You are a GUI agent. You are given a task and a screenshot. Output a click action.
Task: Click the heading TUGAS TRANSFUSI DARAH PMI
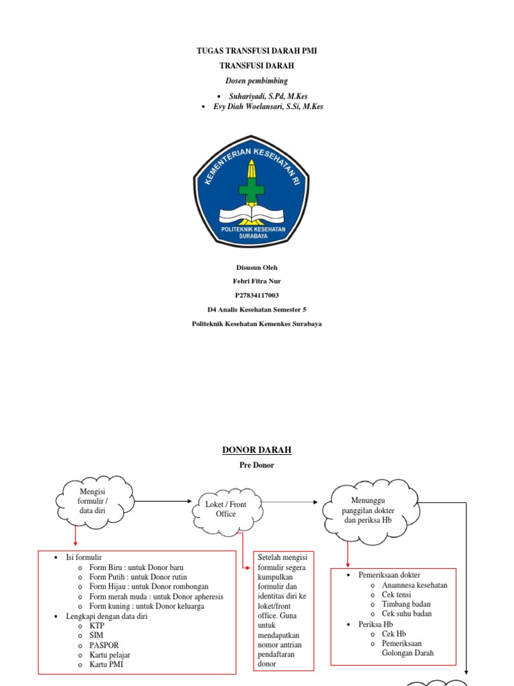tap(257, 51)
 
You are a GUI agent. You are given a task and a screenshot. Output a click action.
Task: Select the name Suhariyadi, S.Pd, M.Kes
tap(268, 96)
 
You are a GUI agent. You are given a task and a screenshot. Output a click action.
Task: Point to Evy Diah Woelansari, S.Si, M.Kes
tap(268, 107)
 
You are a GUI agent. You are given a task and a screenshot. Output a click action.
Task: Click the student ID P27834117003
tap(257, 295)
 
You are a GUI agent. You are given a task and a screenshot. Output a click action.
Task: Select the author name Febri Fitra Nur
tap(257, 281)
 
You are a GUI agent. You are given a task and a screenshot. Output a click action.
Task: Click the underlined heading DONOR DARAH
tap(257, 450)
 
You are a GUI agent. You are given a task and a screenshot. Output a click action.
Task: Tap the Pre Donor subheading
tap(257, 464)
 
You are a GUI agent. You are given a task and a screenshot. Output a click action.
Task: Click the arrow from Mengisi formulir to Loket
tap(163, 500)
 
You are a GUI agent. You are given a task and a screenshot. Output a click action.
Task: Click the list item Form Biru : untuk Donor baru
tap(136, 567)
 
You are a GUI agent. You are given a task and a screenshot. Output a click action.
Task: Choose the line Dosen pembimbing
tap(256, 80)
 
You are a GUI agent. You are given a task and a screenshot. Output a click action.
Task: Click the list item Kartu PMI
tap(106, 665)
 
